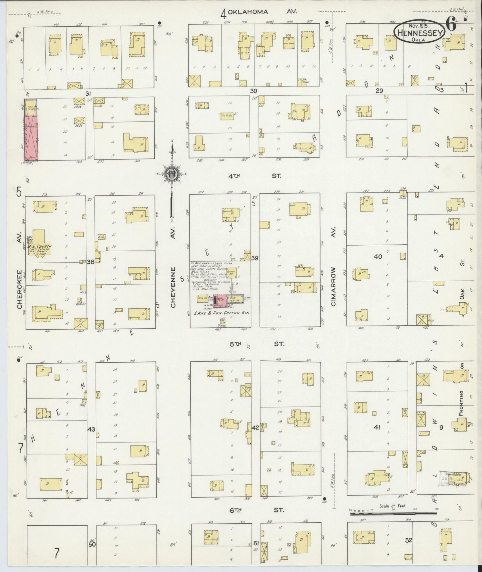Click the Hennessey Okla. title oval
[x=419, y=33]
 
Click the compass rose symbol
[x=172, y=174]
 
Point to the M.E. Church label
[x=42, y=246]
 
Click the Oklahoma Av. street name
[x=257, y=12]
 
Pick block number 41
[x=377, y=427]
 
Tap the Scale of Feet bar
[x=394, y=514]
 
